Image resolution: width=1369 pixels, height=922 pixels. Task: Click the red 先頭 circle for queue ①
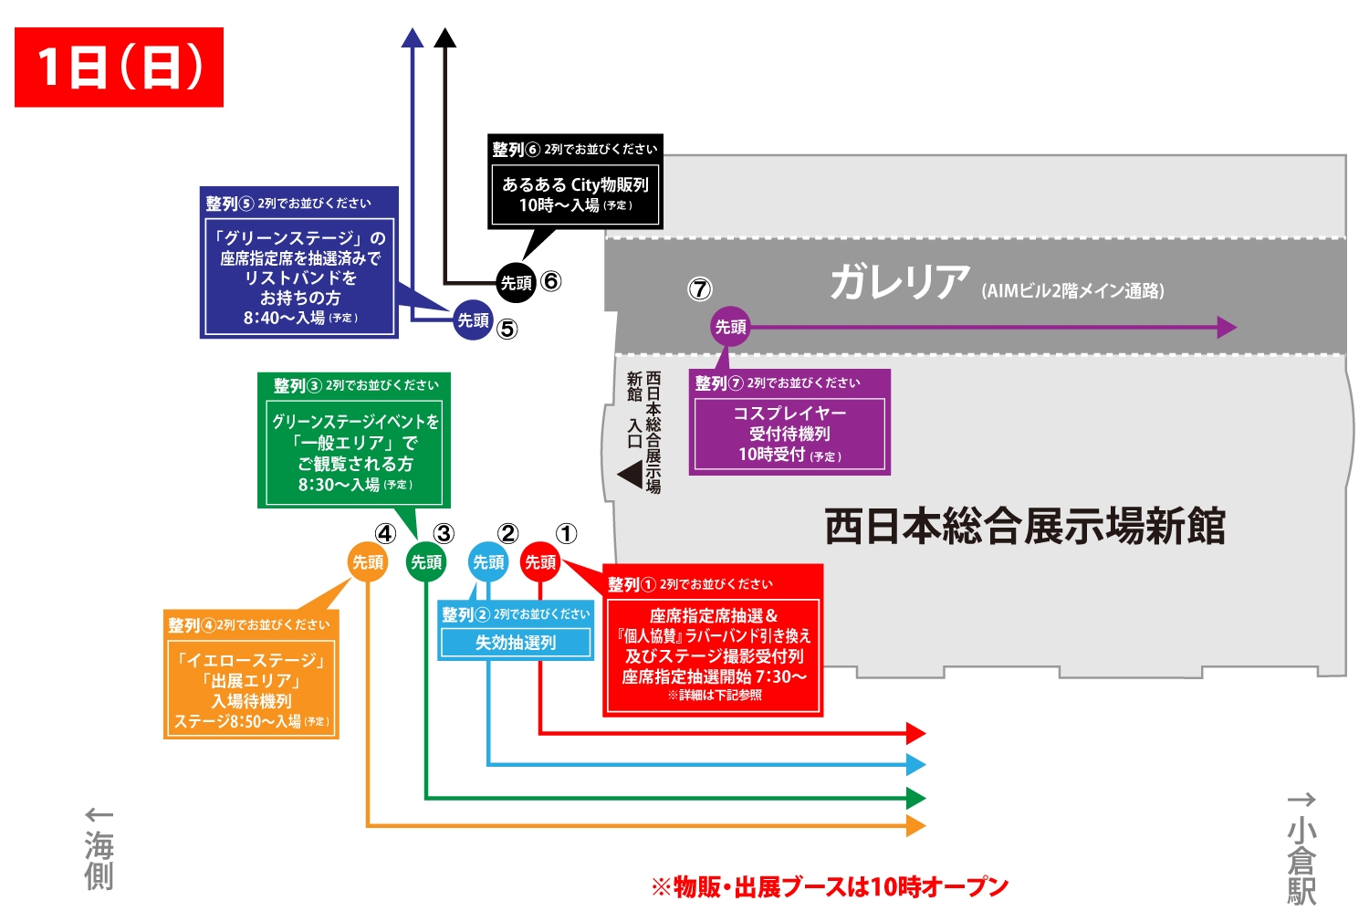coord(540,562)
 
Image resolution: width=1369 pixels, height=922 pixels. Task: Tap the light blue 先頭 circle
coord(488,562)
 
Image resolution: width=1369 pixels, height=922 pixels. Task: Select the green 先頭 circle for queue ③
coord(426,562)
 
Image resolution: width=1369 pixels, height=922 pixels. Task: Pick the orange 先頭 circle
coord(368,562)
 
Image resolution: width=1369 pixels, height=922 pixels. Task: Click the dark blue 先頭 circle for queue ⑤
coord(473,320)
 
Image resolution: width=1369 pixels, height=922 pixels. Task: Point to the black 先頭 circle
coord(516,283)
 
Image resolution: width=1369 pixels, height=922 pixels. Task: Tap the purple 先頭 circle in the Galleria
coord(730,327)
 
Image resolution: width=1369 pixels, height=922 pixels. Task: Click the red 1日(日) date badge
coord(119,68)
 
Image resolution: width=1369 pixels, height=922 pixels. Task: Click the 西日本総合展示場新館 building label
coord(1024,527)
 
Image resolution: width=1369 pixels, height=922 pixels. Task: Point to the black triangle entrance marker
coord(630,475)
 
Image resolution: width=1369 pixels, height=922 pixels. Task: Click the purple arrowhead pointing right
coord(1227,327)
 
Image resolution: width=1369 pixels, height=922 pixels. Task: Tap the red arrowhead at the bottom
coord(916,732)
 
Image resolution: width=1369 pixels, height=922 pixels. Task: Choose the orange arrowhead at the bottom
coord(916,826)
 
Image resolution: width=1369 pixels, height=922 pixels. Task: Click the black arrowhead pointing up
coord(444,38)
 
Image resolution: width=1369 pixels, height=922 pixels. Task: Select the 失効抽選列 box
coord(516,643)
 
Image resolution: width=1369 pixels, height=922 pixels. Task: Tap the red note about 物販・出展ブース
coord(830,886)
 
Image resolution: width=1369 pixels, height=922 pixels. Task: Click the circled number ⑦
coord(699,289)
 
